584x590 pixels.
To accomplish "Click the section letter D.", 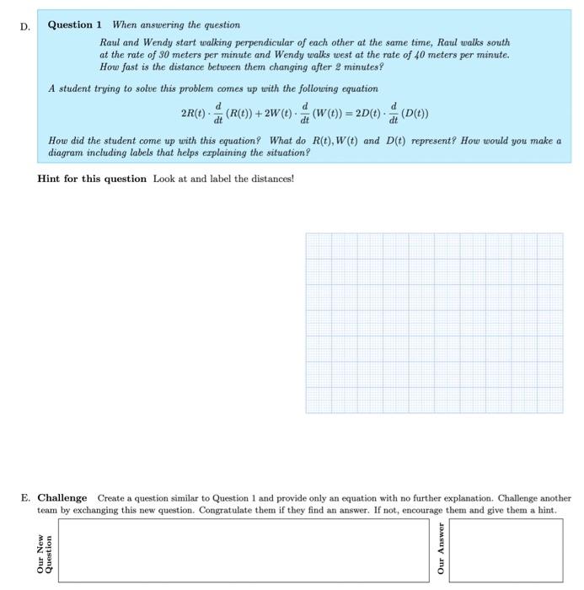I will tap(24, 26).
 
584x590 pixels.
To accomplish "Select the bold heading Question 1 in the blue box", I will tap(75, 25).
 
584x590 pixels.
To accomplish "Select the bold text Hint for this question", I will tap(92, 179).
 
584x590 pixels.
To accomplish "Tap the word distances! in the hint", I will tap(271, 179).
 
